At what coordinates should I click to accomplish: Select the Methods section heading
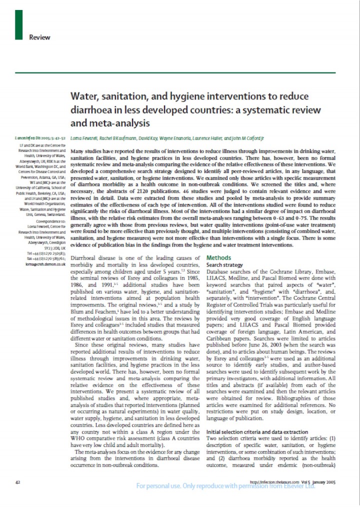pos(218,257)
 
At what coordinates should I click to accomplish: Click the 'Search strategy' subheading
pos(224,264)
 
